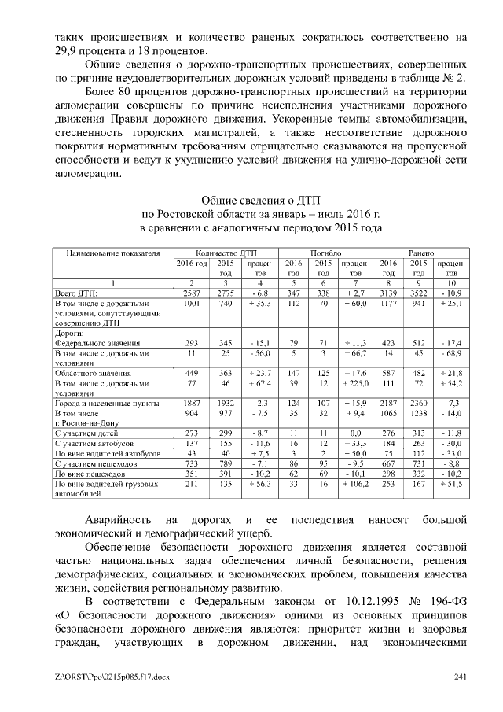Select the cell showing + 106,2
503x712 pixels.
355,485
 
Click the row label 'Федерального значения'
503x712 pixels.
97,343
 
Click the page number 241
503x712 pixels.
461,677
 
